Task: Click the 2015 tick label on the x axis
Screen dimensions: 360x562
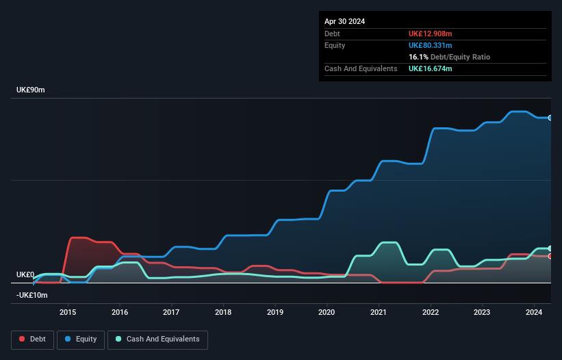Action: tap(68, 313)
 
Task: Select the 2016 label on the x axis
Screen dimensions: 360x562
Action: tap(120, 313)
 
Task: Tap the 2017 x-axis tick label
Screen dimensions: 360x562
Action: tap(171, 313)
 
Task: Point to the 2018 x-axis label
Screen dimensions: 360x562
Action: tap(223, 313)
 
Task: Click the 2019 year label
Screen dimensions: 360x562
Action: tap(275, 313)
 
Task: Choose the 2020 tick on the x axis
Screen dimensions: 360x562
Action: tap(327, 313)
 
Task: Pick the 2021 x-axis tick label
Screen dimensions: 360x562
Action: tap(379, 313)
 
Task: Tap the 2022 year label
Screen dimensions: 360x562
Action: tap(431, 313)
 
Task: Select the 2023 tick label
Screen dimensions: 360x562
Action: tap(483, 313)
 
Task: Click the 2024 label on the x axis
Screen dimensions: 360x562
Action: tap(534, 313)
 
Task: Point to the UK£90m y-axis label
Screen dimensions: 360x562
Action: tap(30, 90)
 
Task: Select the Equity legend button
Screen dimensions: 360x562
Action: tap(81, 339)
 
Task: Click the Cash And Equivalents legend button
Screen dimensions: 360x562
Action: tap(157, 339)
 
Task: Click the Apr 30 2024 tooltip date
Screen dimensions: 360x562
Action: tap(345, 21)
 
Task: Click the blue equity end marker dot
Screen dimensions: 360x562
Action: tap(550, 118)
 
